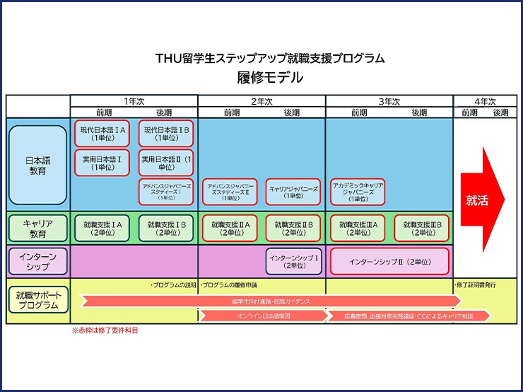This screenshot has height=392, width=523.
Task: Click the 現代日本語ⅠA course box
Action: point(102,134)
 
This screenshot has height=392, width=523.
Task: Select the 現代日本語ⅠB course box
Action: point(166,134)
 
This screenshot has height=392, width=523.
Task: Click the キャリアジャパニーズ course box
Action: point(293,192)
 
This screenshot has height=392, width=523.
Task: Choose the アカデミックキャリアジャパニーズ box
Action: point(358,192)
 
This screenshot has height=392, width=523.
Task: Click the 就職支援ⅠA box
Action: point(102,228)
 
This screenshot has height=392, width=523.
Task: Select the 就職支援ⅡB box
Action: point(293,228)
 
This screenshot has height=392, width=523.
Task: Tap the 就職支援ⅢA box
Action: point(358,228)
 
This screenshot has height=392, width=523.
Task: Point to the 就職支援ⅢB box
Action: point(422,228)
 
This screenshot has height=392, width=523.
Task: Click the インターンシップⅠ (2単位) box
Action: point(293,261)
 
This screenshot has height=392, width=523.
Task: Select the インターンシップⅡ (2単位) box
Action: point(389,261)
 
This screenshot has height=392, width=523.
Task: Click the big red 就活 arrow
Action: point(481,200)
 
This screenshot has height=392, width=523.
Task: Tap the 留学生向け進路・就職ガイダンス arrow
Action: point(269,301)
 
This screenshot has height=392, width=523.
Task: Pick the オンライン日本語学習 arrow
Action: point(261,316)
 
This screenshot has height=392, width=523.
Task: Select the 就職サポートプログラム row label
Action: point(37,301)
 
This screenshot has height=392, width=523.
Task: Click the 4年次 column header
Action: point(481,101)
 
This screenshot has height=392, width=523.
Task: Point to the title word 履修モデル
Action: point(270,78)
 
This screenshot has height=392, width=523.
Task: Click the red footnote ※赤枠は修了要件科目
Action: point(110,330)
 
